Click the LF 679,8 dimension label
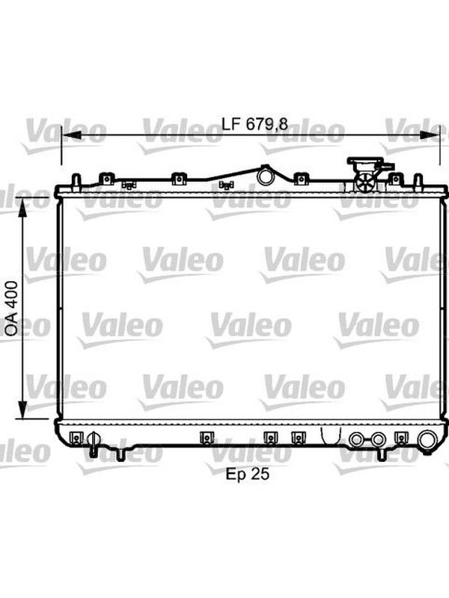(x=255, y=124)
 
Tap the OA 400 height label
(x=12, y=309)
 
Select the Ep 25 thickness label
(x=248, y=474)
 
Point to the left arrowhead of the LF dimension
(x=71, y=135)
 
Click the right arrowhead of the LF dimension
(x=430, y=135)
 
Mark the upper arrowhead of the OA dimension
(x=23, y=208)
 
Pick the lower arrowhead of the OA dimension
(x=23, y=409)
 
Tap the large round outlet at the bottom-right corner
(x=427, y=441)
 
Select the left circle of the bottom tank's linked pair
(x=356, y=440)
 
